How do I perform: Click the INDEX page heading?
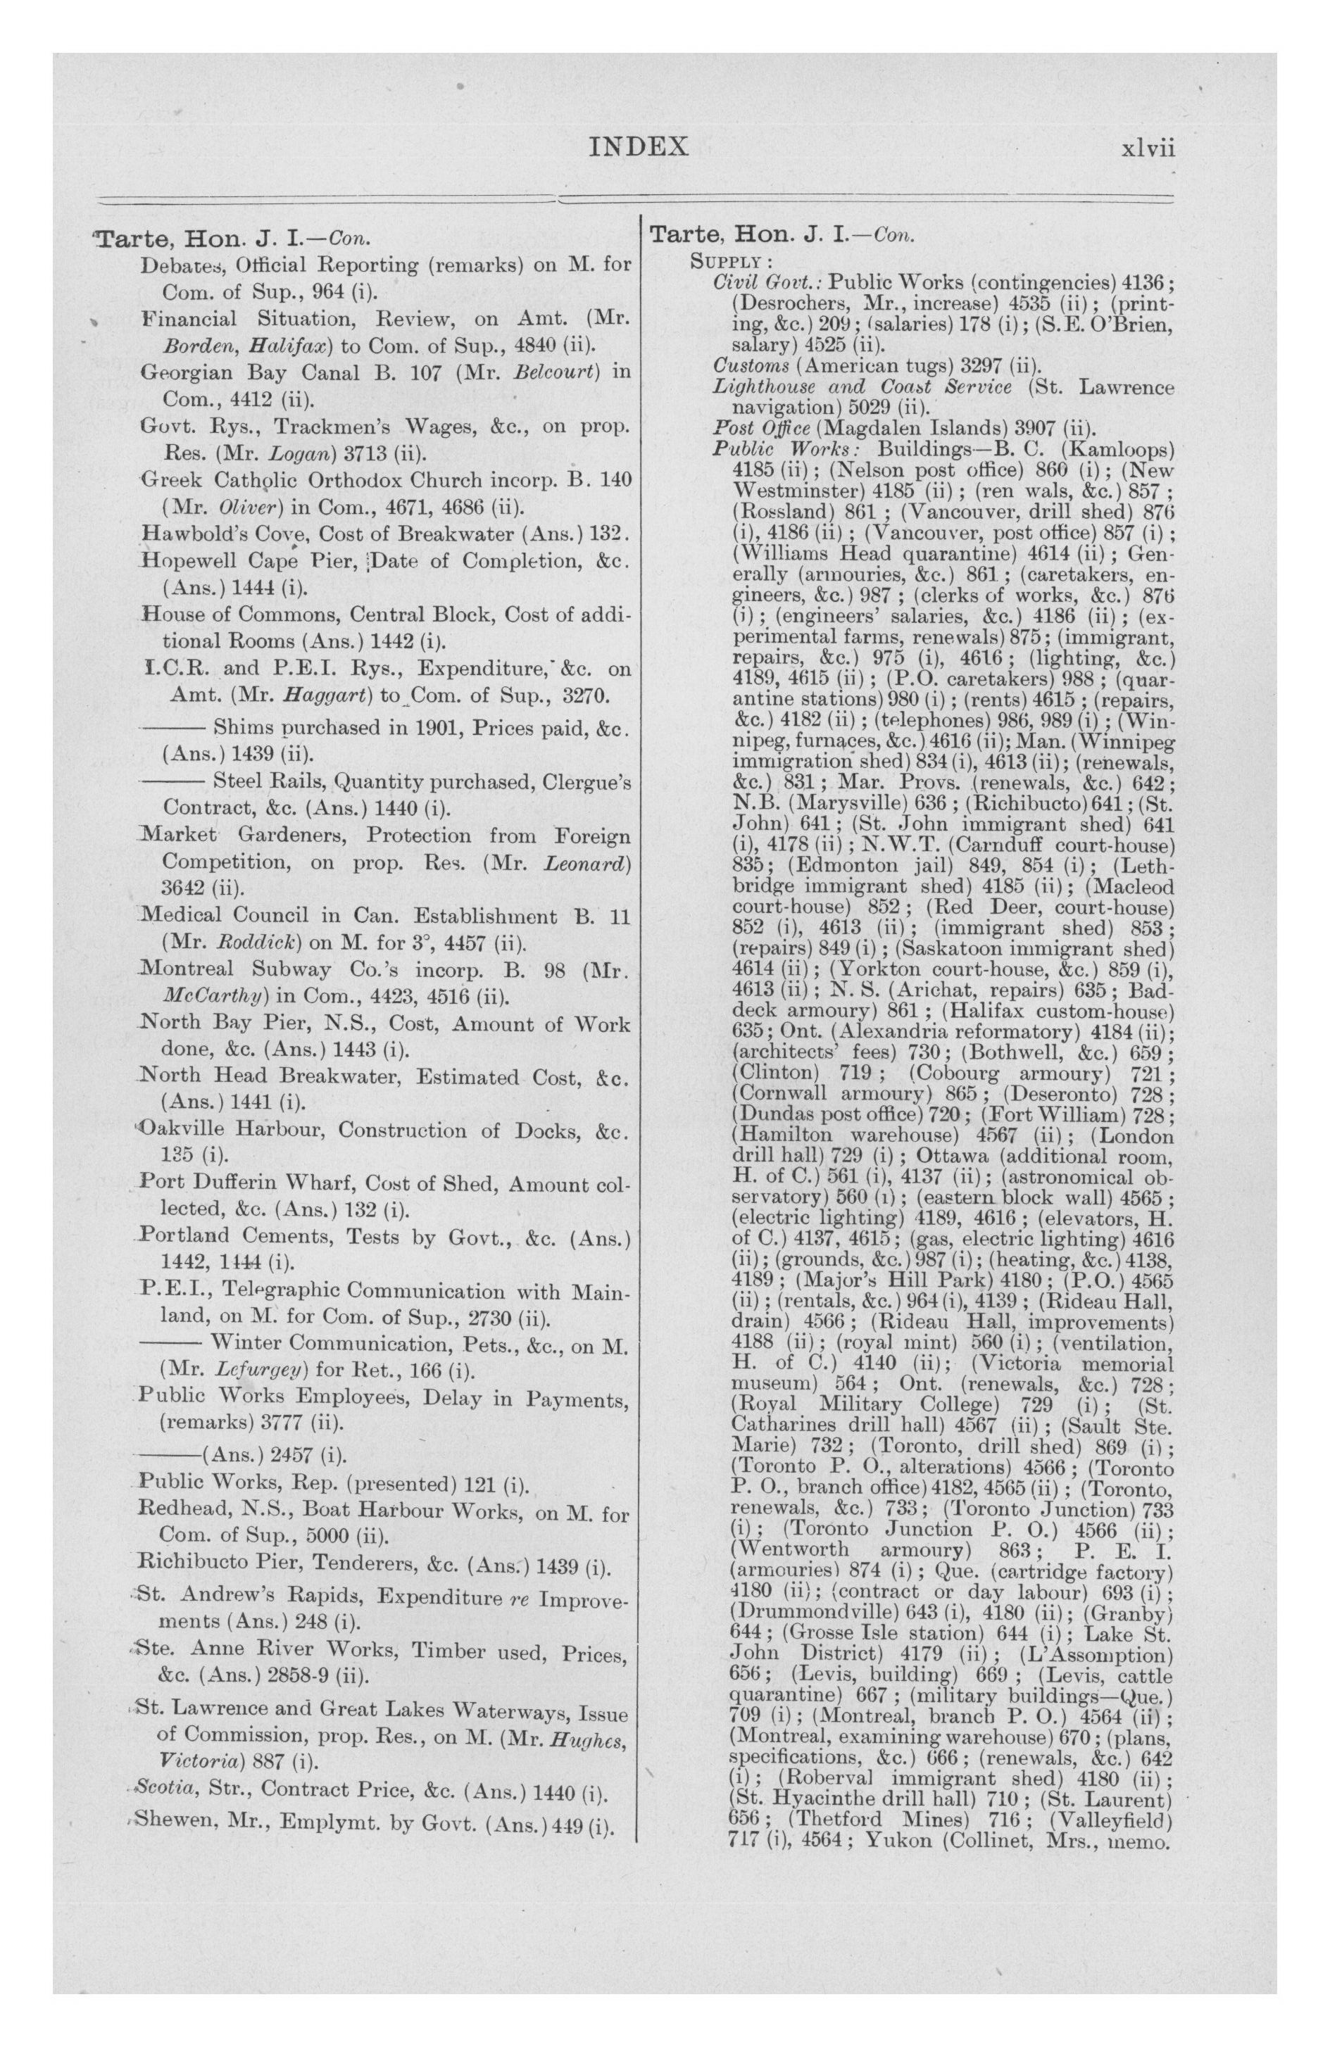point(639,147)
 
